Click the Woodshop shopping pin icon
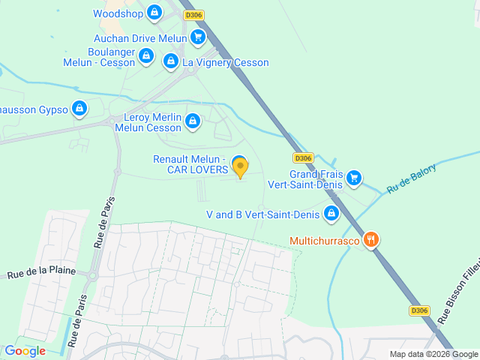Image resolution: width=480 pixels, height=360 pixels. tap(154, 13)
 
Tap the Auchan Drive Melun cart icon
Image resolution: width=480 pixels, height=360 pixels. tap(198, 37)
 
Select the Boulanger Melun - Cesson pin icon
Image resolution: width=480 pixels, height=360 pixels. tap(146, 56)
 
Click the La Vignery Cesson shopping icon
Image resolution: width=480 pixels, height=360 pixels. tap(171, 61)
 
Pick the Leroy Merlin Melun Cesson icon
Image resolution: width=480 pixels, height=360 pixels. tap(193, 121)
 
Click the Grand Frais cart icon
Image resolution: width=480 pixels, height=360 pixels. tap(354, 178)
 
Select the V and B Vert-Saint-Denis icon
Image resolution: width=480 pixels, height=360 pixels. tap(331, 214)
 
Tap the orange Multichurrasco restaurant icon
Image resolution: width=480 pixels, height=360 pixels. tap(370, 240)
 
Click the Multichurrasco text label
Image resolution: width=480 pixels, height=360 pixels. tap(324, 241)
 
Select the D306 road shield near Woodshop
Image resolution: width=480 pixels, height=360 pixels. tap(193, 15)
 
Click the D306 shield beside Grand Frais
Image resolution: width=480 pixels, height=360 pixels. tap(302, 157)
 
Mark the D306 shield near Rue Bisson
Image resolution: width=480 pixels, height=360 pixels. tap(419, 310)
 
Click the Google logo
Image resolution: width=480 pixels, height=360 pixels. tap(25, 350)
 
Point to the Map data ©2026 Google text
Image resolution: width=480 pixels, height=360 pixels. tap(433, 354)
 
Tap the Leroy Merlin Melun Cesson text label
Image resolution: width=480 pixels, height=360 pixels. tap(148, 123)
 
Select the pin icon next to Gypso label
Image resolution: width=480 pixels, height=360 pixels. tap(79, 109)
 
